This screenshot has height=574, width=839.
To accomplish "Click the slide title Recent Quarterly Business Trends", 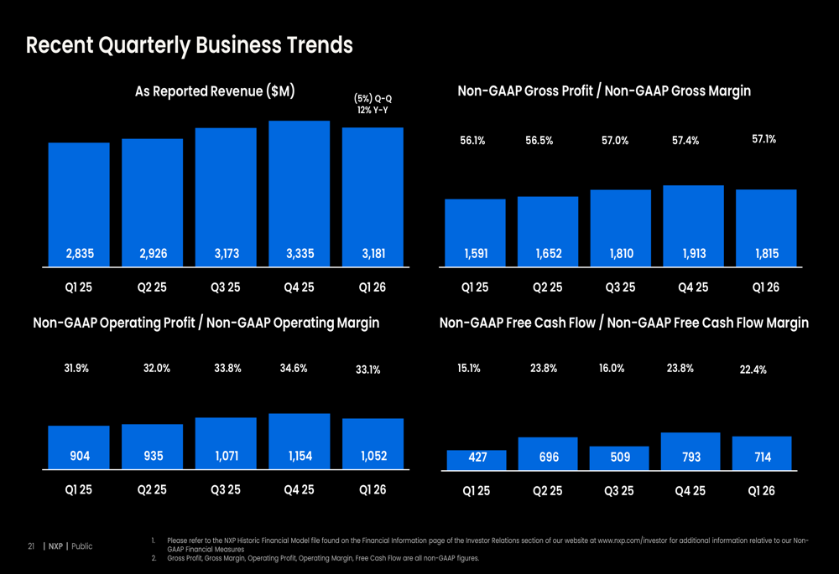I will pyautogui.click(x=189, y=45).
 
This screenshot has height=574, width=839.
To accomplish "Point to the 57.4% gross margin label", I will pyautogui.click(x=685, y=141).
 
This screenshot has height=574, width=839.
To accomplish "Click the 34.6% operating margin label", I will pyautogui.click(x=294, y=368).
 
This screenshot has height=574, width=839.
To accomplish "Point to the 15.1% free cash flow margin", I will pyautogui.click(x=469, y=368).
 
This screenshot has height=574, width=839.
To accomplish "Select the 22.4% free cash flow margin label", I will pyautogui.click(x=753, y=370).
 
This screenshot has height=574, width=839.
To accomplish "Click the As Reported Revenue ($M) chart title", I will pyautogui.click(x=215, y=91).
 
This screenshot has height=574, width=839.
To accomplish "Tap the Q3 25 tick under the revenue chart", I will pyautogui.click(x=225, y=287).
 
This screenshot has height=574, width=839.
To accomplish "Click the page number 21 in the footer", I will pyautogui.click(x=30, y=546).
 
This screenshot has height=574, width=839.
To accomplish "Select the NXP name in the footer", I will pyautogui.click(x=55, y=546).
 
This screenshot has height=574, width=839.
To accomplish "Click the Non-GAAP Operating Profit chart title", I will pyautogui.click(x=206, y=323).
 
